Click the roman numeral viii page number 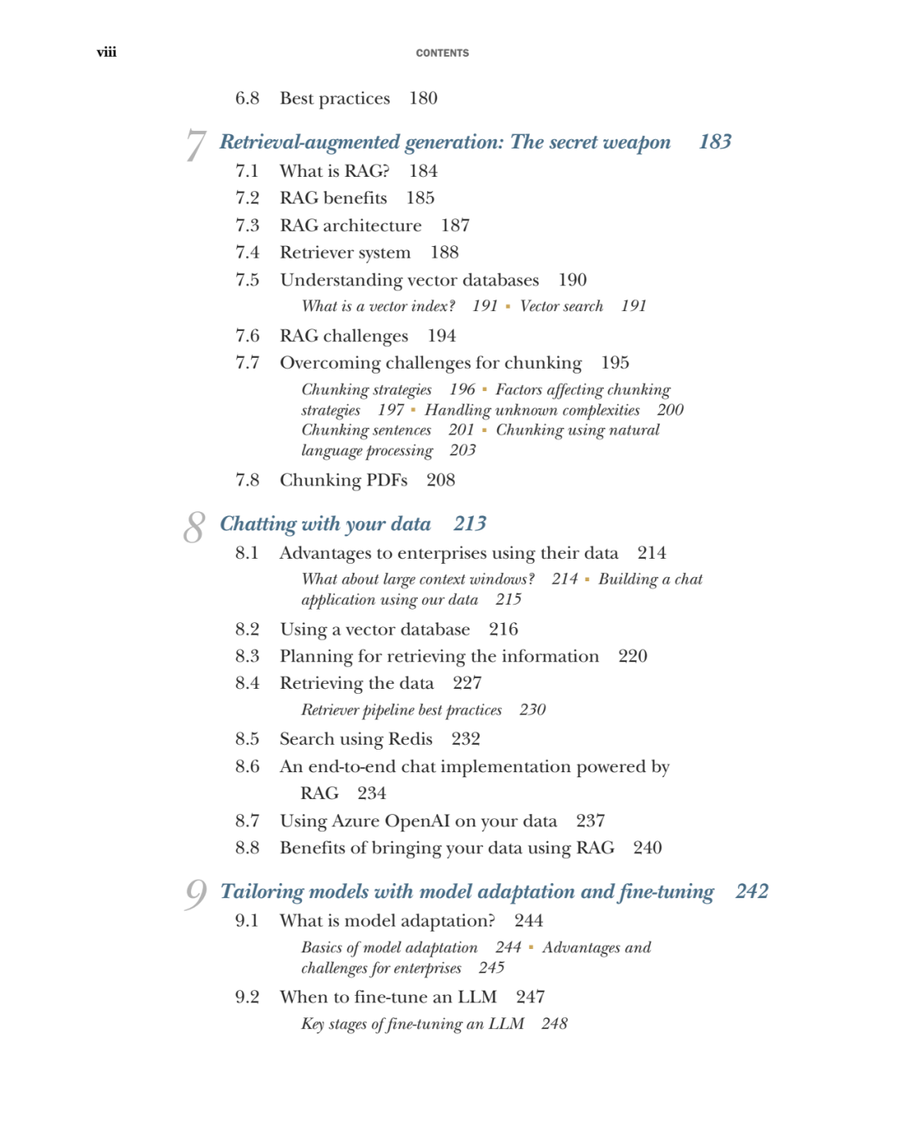point(106,53)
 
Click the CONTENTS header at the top point(442,53)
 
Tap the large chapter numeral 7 point(195,145)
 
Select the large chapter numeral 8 point(194,527)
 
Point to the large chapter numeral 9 point(195,895)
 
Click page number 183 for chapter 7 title point(715,142)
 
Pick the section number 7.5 point(247,280)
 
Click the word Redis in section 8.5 point(410,739)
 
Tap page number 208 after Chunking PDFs point(440,480)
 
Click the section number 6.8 point(247,98)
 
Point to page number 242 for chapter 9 point(751,891)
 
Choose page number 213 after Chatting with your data point(470,524)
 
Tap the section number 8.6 point(247,766)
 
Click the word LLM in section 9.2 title point(477,997)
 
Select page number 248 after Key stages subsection point(554,1024)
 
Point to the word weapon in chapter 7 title point(637,143)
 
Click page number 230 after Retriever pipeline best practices point(532,710)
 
